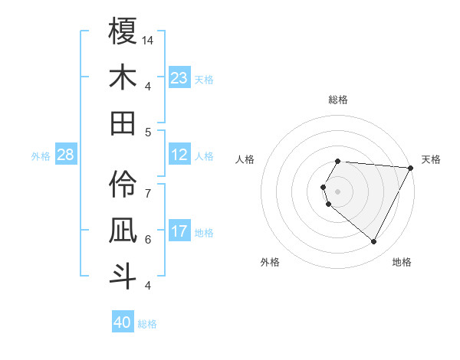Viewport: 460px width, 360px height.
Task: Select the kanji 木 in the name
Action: coord(123,77)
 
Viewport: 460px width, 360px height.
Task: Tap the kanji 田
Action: coord(123,123)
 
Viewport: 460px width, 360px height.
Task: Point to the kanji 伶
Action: coord(123,184)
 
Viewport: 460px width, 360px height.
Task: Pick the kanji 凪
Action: coord(123,230)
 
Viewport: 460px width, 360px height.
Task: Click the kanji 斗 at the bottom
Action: coord(123,276)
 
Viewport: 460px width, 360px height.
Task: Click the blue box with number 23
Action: coord(179,77)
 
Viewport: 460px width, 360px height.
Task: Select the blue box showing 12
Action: coord(179,155)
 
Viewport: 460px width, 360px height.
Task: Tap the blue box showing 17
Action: coord(179,231)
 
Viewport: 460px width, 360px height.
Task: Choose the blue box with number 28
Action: coord(66,155)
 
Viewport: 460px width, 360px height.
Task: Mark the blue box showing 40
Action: coord(123,322)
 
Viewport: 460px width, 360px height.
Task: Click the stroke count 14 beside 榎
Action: coord(149,40)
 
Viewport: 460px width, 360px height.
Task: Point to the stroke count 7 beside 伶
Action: coord(148,186)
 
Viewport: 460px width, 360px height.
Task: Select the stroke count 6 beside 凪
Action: coord(148,239)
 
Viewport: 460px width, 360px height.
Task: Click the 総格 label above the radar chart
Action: coord(338,100)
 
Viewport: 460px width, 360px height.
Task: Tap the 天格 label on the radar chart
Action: coord(431,159)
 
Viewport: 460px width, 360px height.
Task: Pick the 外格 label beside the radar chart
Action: coord(270,262)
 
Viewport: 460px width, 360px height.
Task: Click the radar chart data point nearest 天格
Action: coord(411,168)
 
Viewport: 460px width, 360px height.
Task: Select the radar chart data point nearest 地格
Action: coord(374,242)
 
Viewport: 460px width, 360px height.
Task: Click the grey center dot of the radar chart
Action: coord(338,191)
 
